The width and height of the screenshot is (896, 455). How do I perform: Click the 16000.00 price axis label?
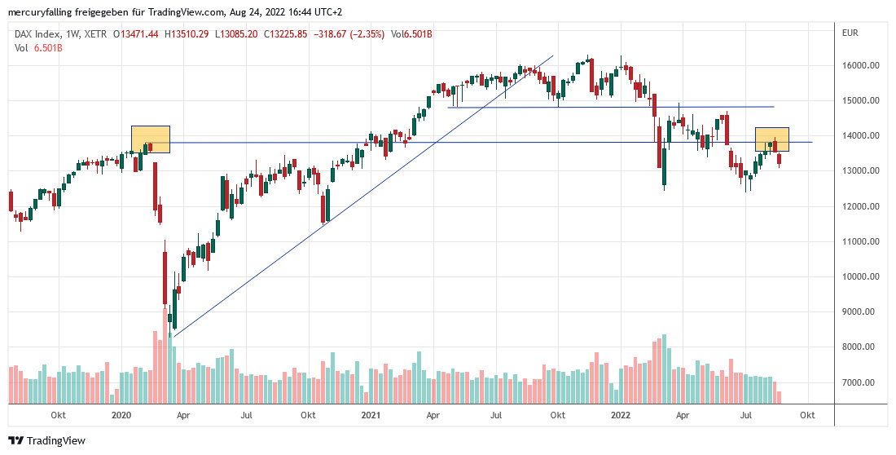pyautogui.click(x=860, y=65)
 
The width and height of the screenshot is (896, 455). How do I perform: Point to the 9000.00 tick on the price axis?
pyautogui.click(x=860, y=311)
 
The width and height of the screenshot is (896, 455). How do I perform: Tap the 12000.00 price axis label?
pyautogui.click(x=860, y=206)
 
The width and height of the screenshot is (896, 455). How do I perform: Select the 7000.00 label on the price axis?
pyautogui.click(x=860, y=382)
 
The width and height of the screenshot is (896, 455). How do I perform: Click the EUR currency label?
pyautogui.click(x=850, y=33)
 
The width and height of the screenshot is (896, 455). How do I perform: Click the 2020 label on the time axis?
pyautogui.click(x=121, y=415)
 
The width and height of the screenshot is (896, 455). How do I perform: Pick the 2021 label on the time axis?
pyautogui.click(x=371, y=415)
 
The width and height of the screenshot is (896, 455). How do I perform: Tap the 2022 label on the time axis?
pyautogui.click(x=621, y=415)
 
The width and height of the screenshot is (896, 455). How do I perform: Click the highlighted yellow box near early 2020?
pyautogui.click(x=151, y=139)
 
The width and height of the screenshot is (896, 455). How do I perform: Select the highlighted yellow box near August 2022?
pyautogui.click(x=771, y=139)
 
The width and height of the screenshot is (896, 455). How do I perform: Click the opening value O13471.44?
pyautogui.click(x=137, y=33)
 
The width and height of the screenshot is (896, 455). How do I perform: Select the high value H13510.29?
pyautogui.click(x=187, y=33)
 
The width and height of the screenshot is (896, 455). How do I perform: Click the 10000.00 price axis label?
pyautogui.click(x=860, y=276)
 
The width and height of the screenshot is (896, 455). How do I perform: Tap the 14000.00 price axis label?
pyautogui.click(x=860, y=135)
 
